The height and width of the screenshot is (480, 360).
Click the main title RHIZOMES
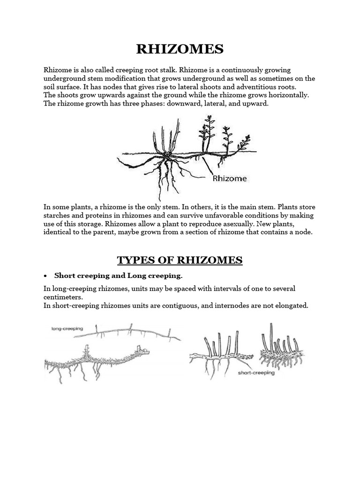(180, 49)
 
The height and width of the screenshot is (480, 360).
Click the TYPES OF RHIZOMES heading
(180, 260)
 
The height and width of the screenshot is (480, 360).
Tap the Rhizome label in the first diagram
(230, 178)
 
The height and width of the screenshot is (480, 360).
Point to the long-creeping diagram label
(67, 329)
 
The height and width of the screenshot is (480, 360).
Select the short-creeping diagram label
(256, 374)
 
